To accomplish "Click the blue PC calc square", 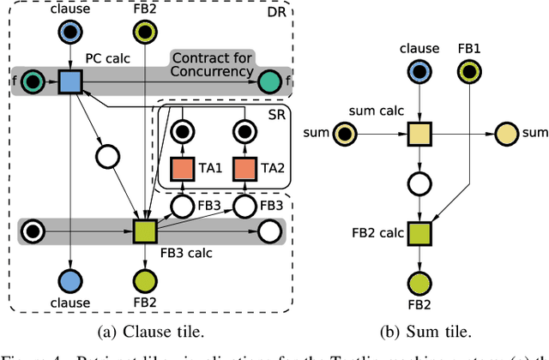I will click(69, 81).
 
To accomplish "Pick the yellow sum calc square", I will click(419, 134).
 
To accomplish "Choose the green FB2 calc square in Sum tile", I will click(419, 231).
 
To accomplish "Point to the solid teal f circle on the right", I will click(268, 81).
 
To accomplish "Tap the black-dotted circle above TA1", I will click(181, 131).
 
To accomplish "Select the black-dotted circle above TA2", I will click(245, 131).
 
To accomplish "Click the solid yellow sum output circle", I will click(504, 134).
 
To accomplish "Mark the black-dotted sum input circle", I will click(345, 134).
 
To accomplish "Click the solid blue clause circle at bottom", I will click(69, 280).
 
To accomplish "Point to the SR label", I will click(276, 116).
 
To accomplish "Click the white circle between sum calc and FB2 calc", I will click(419, 183).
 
